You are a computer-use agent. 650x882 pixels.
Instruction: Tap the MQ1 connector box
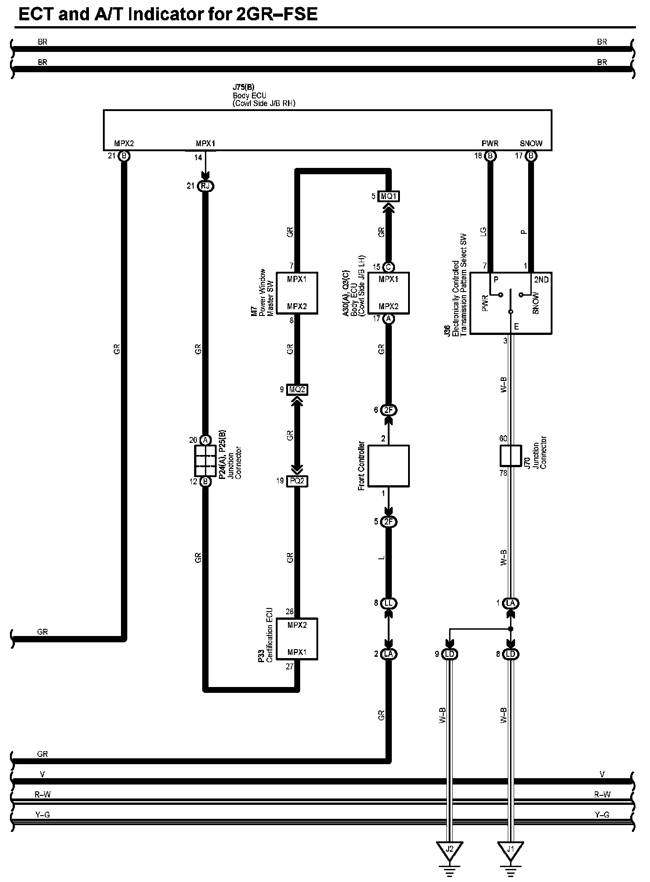tap(389, 196)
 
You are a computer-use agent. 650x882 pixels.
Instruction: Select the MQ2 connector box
tap(297, 389)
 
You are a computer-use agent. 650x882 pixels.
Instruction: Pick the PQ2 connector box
tap(297, 481)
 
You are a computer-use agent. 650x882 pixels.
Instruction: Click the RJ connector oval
tap(205, 186)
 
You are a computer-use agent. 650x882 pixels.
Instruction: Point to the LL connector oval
tap(389, 603)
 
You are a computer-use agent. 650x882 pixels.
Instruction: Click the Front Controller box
tap(389, 466)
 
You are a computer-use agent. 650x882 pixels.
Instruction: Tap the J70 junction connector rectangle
tap(511, 456)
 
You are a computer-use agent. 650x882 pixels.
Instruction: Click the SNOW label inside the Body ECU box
tap(531, 144)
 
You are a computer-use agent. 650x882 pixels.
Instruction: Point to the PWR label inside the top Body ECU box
tap(490, 144)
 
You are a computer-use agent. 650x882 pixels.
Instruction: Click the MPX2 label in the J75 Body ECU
tap(124, 144)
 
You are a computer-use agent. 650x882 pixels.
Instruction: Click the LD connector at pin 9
tap(449, 654)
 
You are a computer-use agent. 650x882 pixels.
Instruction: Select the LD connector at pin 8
tap(511, 654)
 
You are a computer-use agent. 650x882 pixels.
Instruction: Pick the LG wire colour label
tap(483, 232)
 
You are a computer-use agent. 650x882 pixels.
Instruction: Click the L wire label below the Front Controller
tap(382, 558)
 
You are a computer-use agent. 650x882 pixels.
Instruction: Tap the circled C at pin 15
tap(389, 267)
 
